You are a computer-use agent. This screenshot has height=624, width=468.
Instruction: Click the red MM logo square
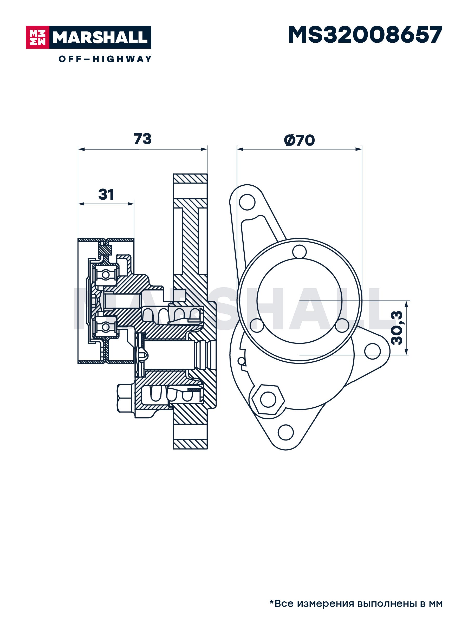[37, 37]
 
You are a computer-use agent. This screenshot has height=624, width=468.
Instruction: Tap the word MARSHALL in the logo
[100, 37]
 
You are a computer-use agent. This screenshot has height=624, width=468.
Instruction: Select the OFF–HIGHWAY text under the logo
[105, 59]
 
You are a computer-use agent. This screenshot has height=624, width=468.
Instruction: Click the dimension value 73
[142, 139]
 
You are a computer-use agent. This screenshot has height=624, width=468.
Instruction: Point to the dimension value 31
[106, 194]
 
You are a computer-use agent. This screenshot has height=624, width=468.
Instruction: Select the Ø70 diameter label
[299, 140]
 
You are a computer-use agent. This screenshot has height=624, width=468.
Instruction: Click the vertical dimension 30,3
[397, 328]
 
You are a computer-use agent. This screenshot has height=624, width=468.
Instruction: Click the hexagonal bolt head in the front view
[268, 399]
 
